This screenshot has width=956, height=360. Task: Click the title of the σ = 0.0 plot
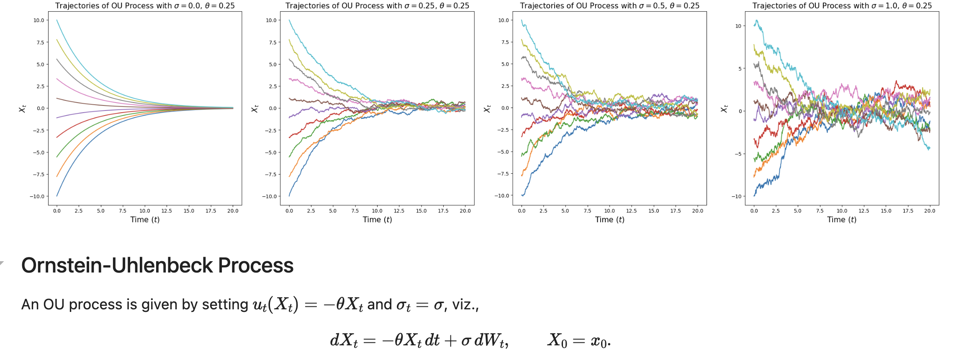(x=145, y=6)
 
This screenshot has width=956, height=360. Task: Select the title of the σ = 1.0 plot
(x=842, y=6)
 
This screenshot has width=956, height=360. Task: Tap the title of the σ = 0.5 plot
(x=609, y=6)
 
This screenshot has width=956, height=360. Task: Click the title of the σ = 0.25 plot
(x=377, y=6)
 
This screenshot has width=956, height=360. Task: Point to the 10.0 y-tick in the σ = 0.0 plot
(x=39, y=21)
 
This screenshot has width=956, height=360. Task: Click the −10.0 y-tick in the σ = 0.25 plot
(x=270, y=196)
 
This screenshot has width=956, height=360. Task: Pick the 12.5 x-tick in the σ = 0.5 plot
(x=631, y=211)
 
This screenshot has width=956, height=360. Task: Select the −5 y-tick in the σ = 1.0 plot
(x=738, y=154)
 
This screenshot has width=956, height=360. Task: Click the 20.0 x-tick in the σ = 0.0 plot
(x=233, y=211)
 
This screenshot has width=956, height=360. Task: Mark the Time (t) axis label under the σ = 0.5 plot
(x=609, y=220)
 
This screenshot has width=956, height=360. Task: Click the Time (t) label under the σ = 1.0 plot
(x=842, y=220)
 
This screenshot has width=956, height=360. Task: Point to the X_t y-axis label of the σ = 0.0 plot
(x=23, y=108)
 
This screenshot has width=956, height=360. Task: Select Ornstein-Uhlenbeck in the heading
(x=116, y=265)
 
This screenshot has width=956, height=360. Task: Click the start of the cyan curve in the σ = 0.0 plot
(x=57, y=20)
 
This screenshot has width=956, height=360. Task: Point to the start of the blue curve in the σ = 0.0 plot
(x=57, y=196)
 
